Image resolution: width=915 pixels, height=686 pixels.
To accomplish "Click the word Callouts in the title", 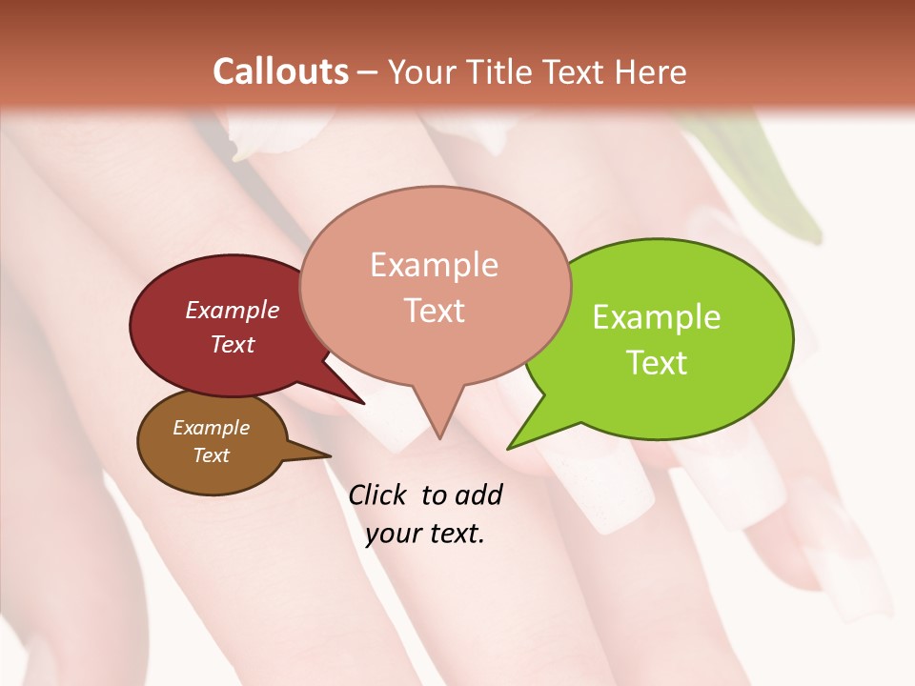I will pyautogui.click(x=280, y=71).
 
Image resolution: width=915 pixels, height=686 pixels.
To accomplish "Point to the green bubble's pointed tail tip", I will pyautogui.click(x=508, y=448).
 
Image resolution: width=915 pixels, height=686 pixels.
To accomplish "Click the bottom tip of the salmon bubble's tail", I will pyautogui.click(x=439, y=438).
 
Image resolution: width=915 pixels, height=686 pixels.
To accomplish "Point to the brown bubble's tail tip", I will pyautogui.click(x=330, y=454).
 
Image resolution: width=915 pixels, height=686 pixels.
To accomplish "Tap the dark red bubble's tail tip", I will pyautogui.click(x=364, y=404).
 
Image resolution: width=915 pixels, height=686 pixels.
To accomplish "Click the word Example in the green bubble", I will pyautogui.click(x=657, y=317).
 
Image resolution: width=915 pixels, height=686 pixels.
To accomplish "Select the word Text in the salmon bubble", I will pyautogui.click(x=435, y=310).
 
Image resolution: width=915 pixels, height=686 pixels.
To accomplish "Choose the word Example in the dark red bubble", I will pyautogui.click(x=233, y=310).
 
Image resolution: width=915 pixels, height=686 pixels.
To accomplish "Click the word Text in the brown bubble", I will pyautogui.click(x=212, y=455).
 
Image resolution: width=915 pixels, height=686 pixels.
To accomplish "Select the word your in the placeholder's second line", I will pyautogui.click(x=393, y=534).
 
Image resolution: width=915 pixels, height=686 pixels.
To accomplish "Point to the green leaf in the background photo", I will pyautogui.click(x=782, y=181).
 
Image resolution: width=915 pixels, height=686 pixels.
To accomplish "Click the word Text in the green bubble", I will pyautogui.click(x=657, y=363).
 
